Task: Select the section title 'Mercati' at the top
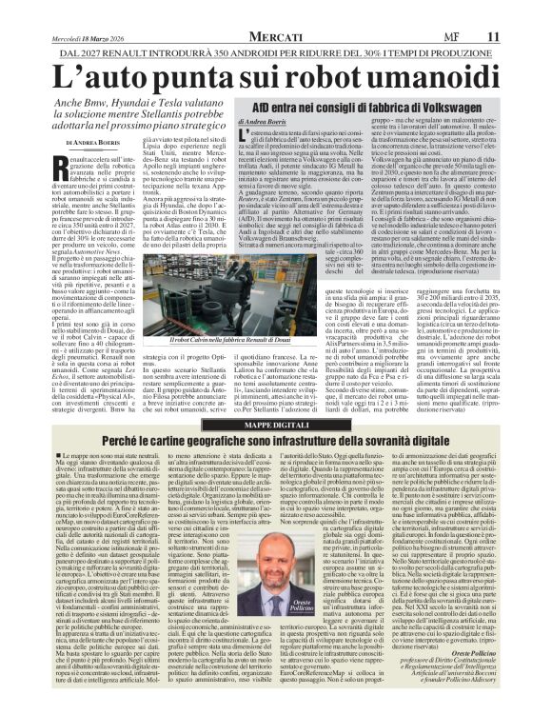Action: pos(275,10)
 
